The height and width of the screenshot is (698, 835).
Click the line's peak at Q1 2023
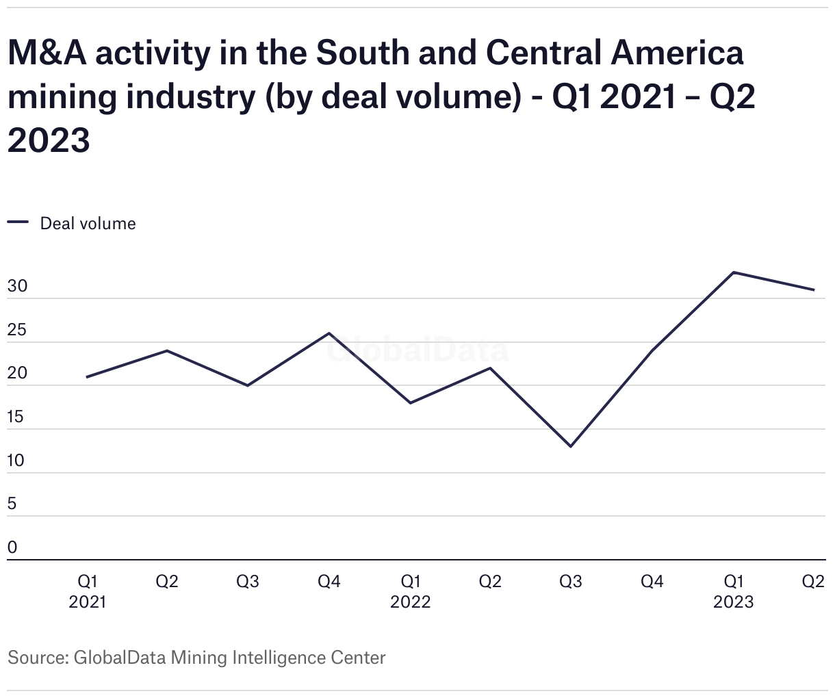coord(734,272)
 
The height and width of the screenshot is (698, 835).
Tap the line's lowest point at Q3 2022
coord(571,446)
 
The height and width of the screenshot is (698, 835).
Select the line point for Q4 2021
coord(329,333)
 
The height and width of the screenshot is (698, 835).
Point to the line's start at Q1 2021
coord(87,377)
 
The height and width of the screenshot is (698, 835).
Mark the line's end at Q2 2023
coord(814,289)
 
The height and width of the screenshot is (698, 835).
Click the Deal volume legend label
coord(88,224)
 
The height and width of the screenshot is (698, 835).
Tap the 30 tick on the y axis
coord(17,287)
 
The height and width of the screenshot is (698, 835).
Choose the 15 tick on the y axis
coord(17,417)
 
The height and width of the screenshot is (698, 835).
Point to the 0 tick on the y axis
coord(12,547)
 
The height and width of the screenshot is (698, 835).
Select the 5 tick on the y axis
coord(12,504)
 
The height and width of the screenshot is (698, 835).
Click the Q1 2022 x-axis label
coord(411,591)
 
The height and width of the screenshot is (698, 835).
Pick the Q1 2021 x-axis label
coord(88,591)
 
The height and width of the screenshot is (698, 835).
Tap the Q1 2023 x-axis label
coord(734,591)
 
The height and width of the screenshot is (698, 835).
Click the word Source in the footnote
coord(36,658)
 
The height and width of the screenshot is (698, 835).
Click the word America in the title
coord(677,53)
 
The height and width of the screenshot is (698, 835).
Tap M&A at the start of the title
coord(47,53)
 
